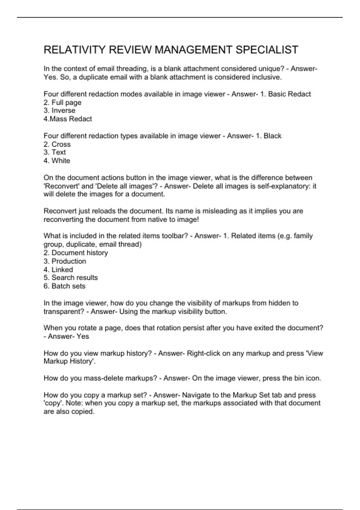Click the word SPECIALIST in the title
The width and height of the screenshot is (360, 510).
pos(267,50)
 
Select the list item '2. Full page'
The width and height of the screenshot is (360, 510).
pos(62,103)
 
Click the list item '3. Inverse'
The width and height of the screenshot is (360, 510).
pos(59,111)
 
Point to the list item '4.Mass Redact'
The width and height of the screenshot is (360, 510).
pos(67,119)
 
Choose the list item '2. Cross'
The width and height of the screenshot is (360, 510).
pos(57,144)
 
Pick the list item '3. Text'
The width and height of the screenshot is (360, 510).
pos(55,152)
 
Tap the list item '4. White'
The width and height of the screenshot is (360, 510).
pos(57,161)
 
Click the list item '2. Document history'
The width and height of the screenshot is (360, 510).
pos(76,253)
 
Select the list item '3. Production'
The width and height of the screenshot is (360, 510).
pos(65,261)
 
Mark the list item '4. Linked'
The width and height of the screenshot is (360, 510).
pos(58,270)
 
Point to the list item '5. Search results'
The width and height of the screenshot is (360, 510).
pos(70,278)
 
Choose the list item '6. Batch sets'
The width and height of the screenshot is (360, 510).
pos(64,286)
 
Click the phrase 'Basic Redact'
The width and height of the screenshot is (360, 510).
pos(289,94)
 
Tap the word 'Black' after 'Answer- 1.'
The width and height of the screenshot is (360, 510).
pos(272,136)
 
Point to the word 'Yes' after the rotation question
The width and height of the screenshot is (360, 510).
pos(82,337)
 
